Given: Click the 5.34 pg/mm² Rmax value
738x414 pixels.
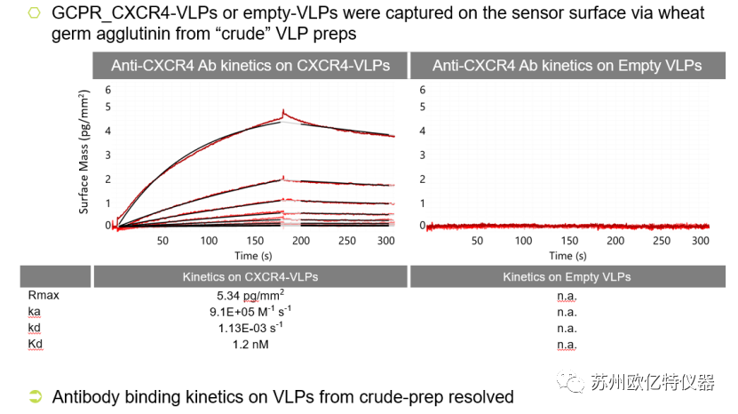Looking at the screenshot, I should pyautogui.click(x=250, y=295).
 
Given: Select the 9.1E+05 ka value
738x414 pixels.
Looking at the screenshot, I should pyautogui.click(x=250, y=311).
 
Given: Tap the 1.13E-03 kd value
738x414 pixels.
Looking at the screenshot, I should pyautogui.click(x=250, y=328).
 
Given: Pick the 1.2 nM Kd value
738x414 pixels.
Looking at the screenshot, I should pyautogui.click(x=250, y=344).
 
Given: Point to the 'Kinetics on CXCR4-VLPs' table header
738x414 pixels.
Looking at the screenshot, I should pyautogui.click(x=250, y=276).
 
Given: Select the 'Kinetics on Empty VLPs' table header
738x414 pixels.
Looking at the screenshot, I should pyautogui.click(x=567, y=276).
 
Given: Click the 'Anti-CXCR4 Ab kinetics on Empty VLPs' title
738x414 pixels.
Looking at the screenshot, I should pyautogui.click(x=567, y=66).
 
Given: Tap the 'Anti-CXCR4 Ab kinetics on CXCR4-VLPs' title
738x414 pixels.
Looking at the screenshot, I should pyautogui.click(x=250, y=66).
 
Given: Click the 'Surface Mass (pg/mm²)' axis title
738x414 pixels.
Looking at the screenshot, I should pyautogui.click(x=84, y=152).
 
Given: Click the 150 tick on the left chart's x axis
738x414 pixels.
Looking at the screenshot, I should pyautogui.click(x=255, y=241).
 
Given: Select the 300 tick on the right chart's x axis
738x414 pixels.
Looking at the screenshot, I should pyautogui.click(x=700, y=241).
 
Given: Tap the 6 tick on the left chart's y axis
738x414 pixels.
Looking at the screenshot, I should pyautogui.click(x=108, y=90).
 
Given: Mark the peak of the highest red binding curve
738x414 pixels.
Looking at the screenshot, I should pyautogui.click(x=282, y=111).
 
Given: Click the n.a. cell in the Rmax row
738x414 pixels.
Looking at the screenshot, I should pyautogui.click(x=567, y=295).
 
